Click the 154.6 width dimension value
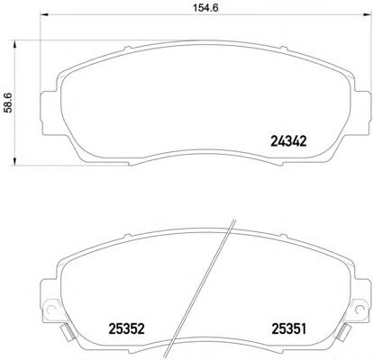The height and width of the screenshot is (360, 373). point(205,8)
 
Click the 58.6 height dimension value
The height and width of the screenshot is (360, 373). point(8,103)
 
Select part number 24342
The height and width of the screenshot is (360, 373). point(288,141)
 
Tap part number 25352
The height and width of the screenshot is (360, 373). point(126,328)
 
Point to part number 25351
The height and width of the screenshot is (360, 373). point(289,328)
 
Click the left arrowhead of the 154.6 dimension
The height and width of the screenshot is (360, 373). point(44,14)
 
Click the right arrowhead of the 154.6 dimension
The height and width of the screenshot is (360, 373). point(367,14)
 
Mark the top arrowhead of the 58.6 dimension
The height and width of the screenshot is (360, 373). point(14,44)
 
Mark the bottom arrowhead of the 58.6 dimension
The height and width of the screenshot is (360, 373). point(14,161)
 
